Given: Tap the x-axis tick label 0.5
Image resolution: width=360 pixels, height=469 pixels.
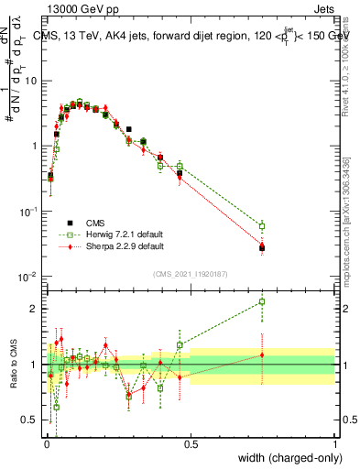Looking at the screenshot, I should [x=191, y=442].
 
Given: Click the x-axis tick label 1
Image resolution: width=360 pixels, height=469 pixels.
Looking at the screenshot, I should [x=334, y=442].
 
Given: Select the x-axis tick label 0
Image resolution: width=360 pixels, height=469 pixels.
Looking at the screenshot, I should [x=46, y=442].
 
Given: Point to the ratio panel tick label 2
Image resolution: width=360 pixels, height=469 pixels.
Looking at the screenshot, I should [x=36, y=309].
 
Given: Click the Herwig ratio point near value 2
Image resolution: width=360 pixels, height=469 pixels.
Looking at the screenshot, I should [x=262, y=301].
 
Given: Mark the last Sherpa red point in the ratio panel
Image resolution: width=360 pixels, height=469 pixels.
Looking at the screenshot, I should [x=262, y=355].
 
